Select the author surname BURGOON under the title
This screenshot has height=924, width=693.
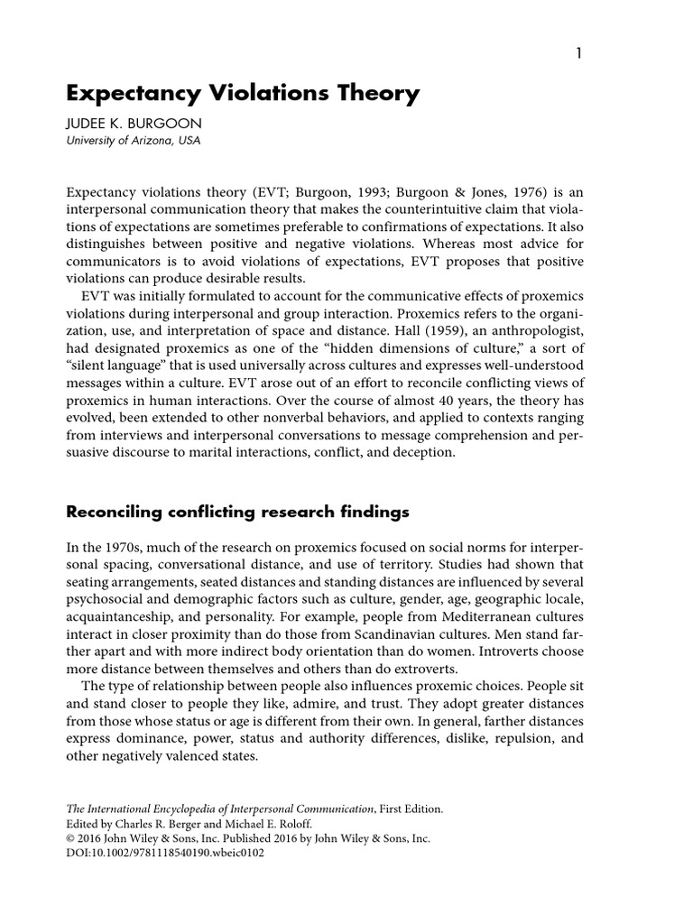tap(166, 124)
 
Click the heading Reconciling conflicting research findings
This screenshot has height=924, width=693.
tap(238, 513)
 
